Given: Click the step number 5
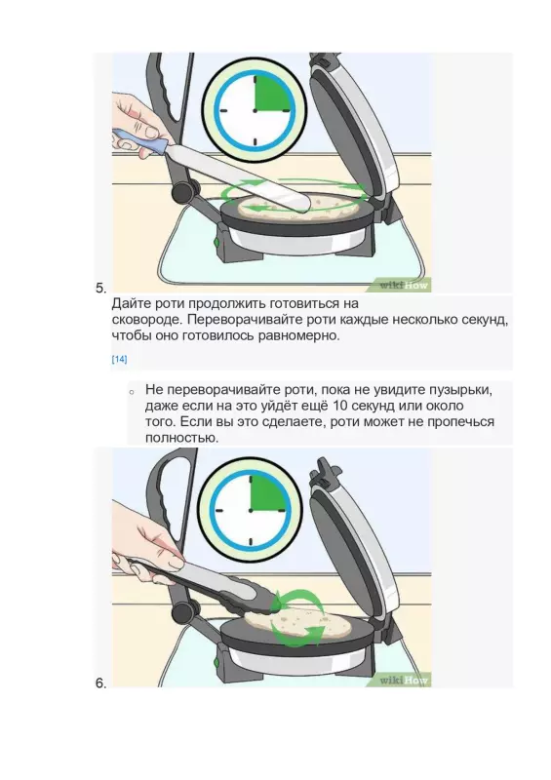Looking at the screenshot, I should pyautogui.click(x=100, y=288).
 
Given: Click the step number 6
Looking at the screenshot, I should pyautogui.click(x=100, y=683).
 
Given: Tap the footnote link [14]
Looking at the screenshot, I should pyautogui.click(x=119, y=360).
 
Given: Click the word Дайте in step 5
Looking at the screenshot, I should pyautogui.click(x=133, y=303).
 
